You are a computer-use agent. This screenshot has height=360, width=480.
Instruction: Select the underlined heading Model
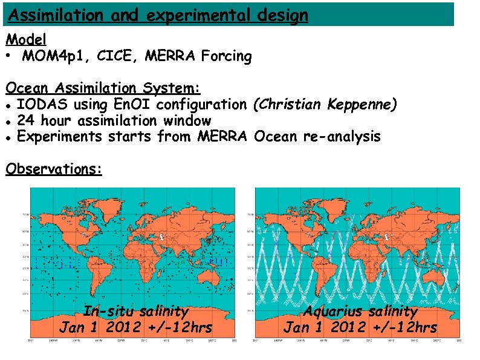(x=26, y=39)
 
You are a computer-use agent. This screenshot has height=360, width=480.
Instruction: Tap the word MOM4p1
(x=51, y=57)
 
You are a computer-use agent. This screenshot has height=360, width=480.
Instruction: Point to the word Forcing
(x=226, y=57)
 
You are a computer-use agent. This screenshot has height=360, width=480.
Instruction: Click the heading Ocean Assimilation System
(x=103, y=88)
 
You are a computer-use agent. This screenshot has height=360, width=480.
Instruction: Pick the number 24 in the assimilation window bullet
(x=26, y=121)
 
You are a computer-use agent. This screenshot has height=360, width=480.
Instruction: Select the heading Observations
(x=53, y=169)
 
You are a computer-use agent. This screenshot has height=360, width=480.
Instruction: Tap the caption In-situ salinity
(x=136, y=312)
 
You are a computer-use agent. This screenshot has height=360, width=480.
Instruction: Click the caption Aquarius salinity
(x=360, y=312)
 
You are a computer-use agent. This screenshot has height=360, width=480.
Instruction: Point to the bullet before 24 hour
(x=9, y=122)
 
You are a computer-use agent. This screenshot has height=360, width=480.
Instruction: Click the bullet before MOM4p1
(x=10, y=57)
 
